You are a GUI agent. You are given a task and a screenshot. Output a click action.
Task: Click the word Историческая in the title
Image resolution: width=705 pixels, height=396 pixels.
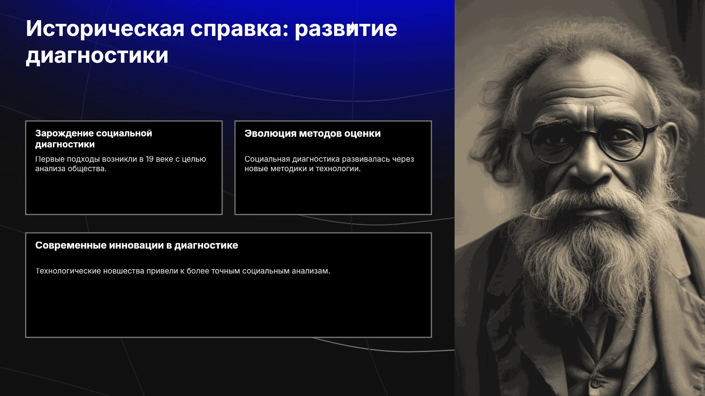point(105,29)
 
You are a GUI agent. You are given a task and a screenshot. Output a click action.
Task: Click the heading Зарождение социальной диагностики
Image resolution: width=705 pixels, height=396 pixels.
point(94,139)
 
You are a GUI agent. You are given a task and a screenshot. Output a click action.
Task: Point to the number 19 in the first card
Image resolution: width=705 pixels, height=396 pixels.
point(149,159)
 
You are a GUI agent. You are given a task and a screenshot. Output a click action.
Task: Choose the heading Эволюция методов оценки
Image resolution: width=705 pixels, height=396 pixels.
point(312,133)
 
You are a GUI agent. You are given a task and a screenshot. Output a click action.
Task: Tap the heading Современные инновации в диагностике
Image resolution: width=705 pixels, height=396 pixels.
point(137,245)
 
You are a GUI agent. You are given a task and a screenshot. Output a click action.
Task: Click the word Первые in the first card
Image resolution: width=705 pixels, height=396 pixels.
point(50,159)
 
